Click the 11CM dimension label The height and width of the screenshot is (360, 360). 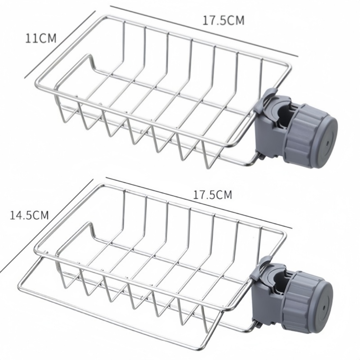[41, 38]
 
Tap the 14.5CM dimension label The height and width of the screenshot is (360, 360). [29, 215]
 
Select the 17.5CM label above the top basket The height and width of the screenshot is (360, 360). [223, 20]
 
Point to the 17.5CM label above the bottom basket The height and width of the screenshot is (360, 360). [212, 195]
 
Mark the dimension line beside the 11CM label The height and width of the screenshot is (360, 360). [60, 44]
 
